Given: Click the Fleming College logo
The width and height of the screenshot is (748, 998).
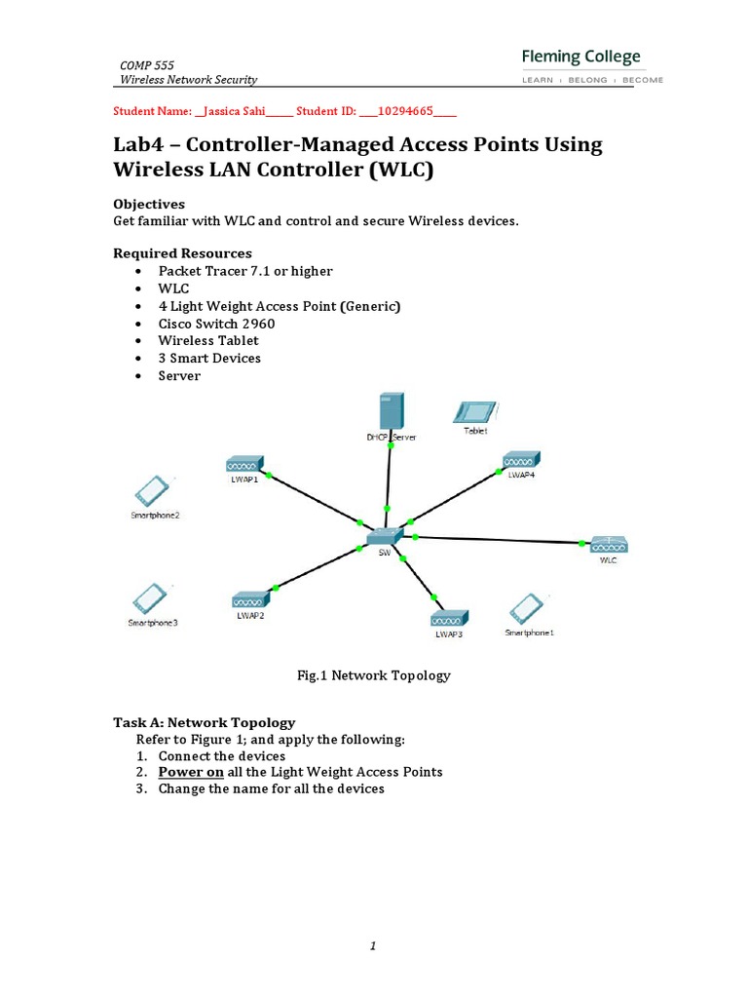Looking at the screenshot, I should pyautogui.click(x=592, y=66).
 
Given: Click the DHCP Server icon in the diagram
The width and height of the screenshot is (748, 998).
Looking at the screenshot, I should pyautogui.click(x=391, y=413).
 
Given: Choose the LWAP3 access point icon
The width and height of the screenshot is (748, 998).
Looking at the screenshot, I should pyautogui.click(x=449, y=620).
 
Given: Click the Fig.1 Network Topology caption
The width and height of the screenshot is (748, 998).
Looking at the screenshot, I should pyautogui.click(x=374, y=674).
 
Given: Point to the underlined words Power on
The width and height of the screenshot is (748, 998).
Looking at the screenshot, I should pyautogui.click(x=192, y=772).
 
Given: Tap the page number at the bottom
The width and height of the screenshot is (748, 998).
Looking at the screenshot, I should pyautogui.click(x=374, y=945).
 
